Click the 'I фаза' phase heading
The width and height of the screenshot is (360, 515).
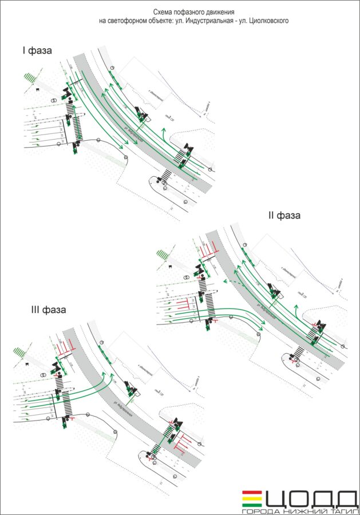pos(38,51)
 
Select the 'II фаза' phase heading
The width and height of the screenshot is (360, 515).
pos(284,216)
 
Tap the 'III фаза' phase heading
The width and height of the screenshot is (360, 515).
pos(49,310)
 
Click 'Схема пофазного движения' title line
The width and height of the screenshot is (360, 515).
pos(193,11)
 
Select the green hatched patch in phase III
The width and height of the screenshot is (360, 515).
pos(21,350)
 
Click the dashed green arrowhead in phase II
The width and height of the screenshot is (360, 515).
pos(224,283)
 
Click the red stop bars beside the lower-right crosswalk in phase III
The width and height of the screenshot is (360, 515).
pos(185,441)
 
